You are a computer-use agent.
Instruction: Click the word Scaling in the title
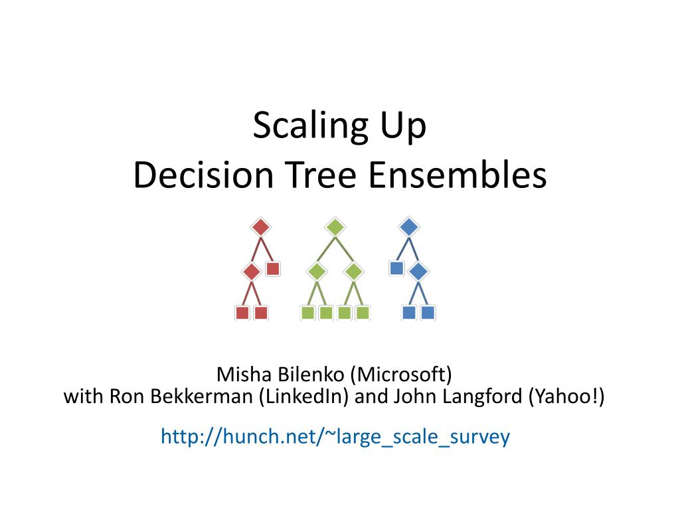coord(311,126)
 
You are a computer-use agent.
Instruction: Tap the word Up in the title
coord(403,126)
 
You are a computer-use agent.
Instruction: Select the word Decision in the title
coord(203,175)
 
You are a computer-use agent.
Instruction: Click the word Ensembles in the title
coord(458,175)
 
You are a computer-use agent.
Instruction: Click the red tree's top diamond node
coord(260,227)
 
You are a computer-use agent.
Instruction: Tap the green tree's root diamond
coord(335,227)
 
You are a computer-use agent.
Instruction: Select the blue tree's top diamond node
coord(409,227)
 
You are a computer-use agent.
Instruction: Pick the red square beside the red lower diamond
coord(273,269)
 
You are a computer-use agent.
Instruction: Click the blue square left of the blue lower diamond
coord(397,268)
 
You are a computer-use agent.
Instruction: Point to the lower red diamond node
coord(252,272)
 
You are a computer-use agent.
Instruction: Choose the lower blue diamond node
coord(418,272)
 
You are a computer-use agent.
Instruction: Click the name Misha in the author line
coord(244,375)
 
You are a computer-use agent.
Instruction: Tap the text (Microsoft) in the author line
coord(401,375)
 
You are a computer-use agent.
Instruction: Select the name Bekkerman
coord(203,396)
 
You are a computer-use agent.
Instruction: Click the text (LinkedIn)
coord(303,396)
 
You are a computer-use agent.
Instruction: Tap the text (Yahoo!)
coord(566,396)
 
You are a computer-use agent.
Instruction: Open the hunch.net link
coord(335,436)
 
